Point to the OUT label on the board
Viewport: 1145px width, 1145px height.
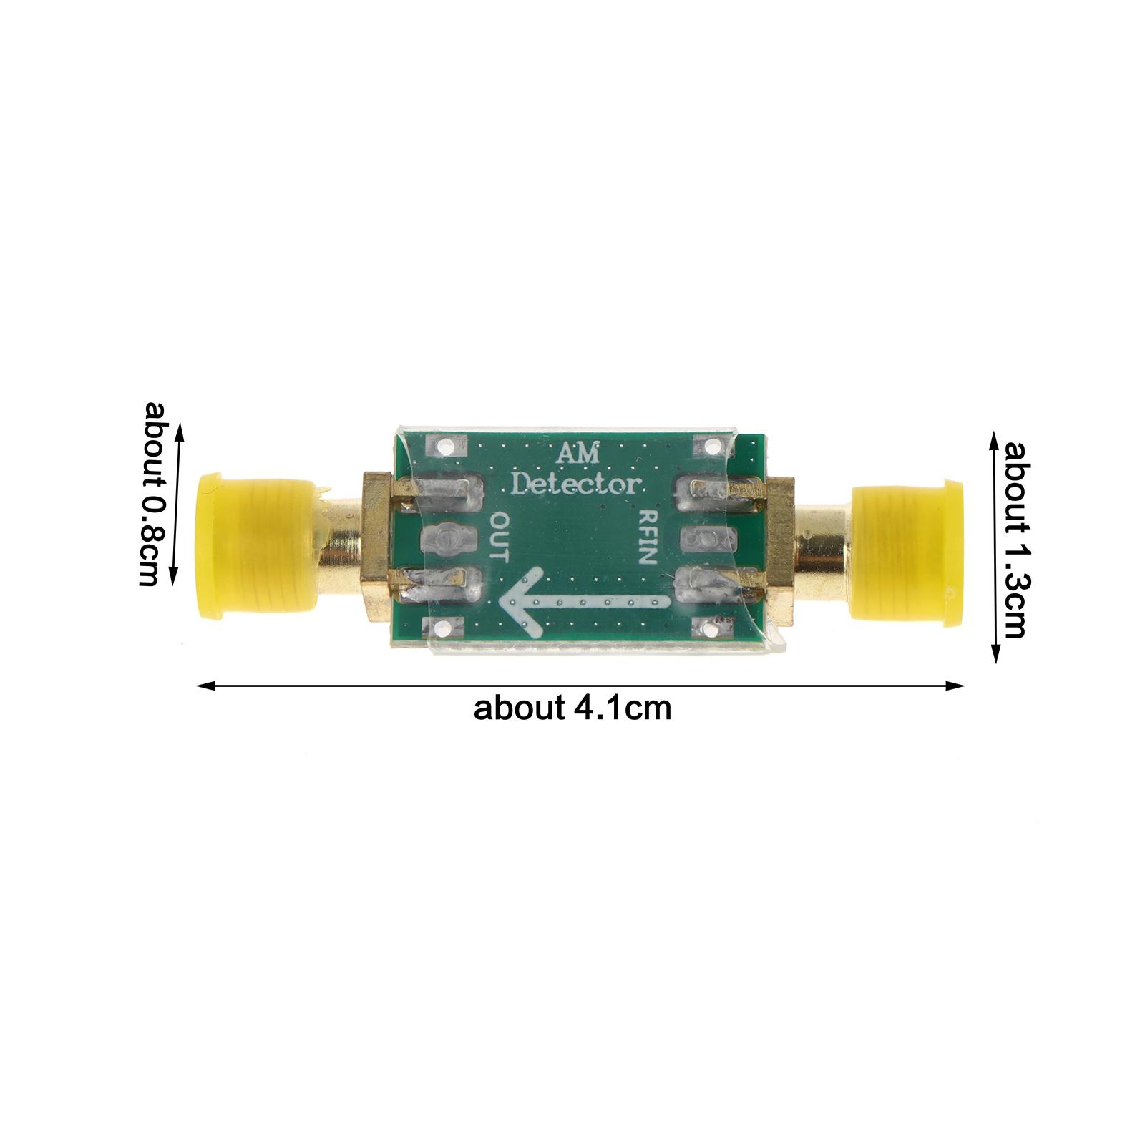(498, 537)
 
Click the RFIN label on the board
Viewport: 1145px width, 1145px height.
(648, 537)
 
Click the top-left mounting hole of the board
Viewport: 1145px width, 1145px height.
(442, 449)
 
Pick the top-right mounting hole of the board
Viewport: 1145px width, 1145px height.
(712, 448)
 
